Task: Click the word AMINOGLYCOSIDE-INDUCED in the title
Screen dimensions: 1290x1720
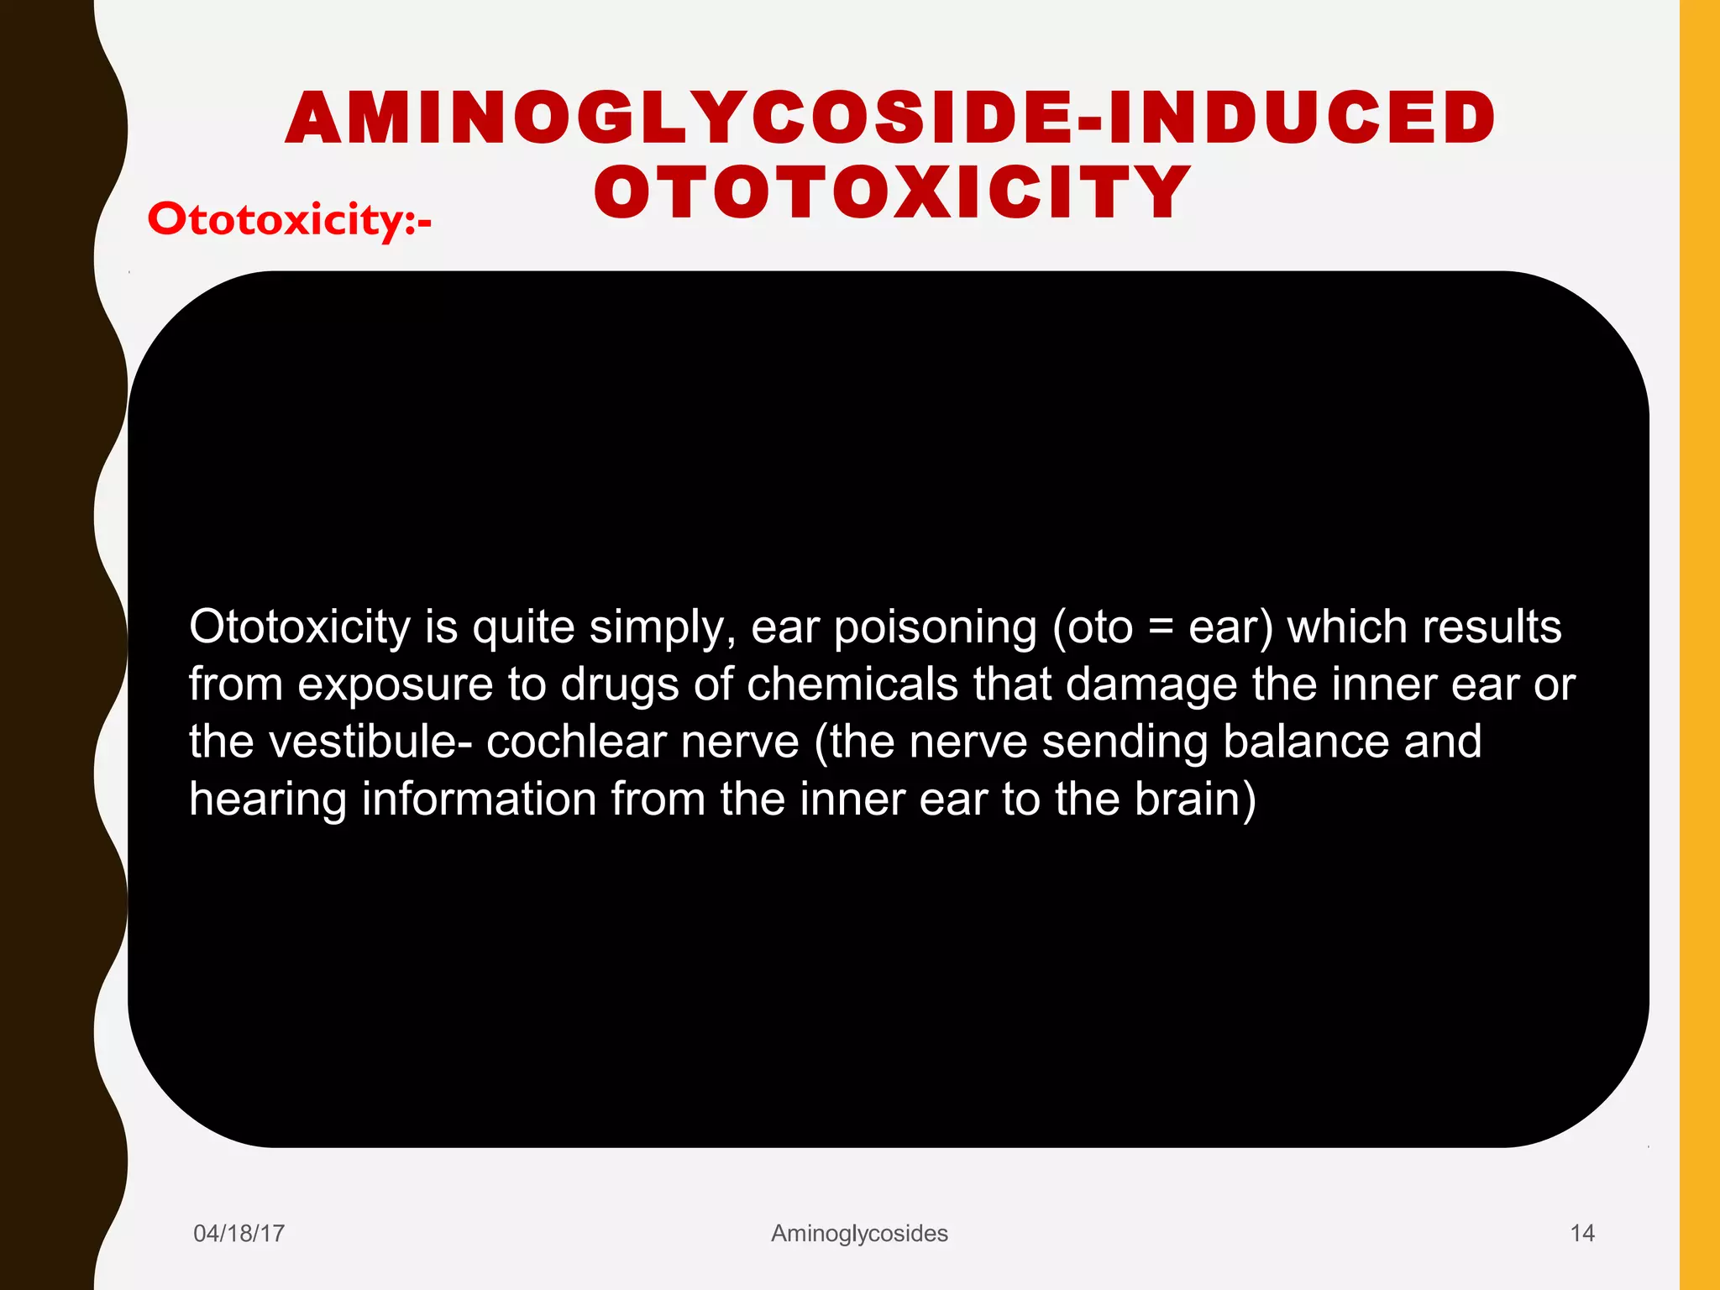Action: (890, 118)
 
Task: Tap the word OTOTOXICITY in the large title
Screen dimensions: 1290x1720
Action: (892, 193)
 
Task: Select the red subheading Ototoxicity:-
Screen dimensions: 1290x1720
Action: (290, 220)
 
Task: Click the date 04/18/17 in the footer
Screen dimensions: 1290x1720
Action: (239, 1233)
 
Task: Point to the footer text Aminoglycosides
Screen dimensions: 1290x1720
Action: (859, 1233)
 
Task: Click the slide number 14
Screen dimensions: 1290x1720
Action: (1581, 1233)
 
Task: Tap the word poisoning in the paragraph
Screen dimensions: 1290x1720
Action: (935, 627)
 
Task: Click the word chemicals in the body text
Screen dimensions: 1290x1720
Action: (852, 684)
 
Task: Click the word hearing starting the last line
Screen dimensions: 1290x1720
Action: (268, 800)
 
